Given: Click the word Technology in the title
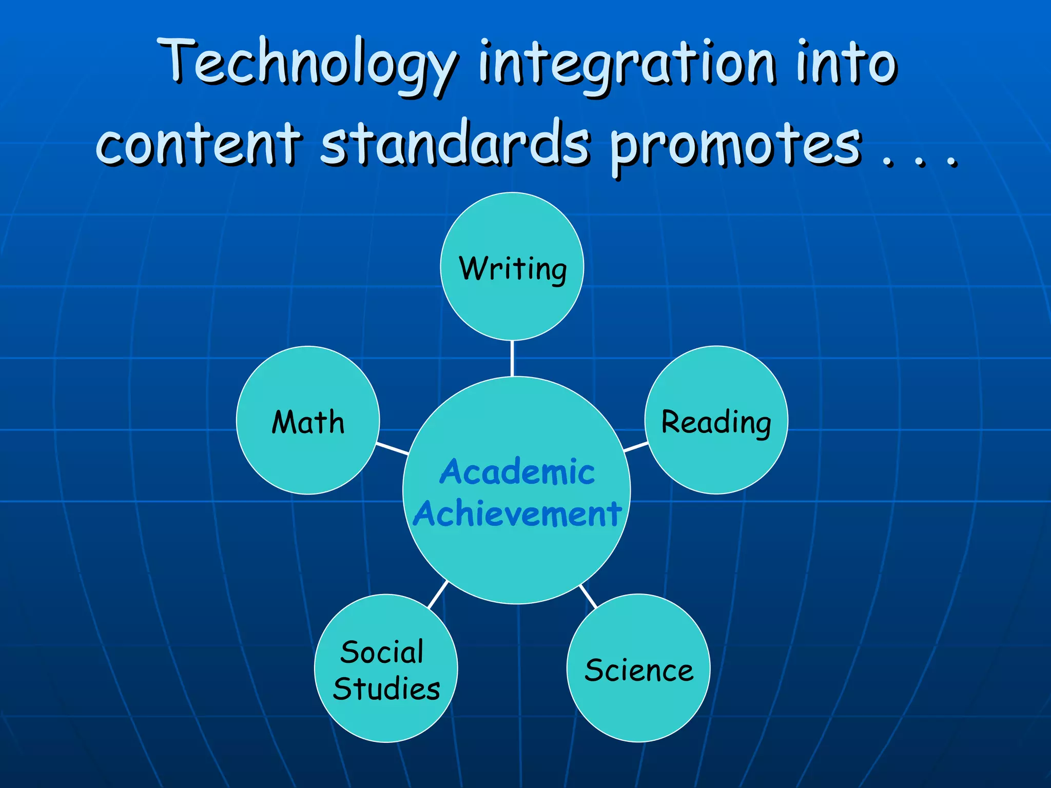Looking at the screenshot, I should [x=308, y=64].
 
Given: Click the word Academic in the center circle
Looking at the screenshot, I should [x=517, y=472].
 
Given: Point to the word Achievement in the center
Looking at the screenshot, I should [x=517, y=514].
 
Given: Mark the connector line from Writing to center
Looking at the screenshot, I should [x=512, y=358].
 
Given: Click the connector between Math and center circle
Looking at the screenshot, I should [x=393, y=448].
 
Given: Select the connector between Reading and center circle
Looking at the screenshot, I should [x=636, y=447].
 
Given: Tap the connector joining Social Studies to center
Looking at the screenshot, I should [x=438, y=595].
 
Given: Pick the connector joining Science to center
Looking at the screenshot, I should [x=588, y=596].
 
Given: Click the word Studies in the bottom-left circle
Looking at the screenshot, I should [x=386, y=689].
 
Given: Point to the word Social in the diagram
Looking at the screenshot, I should [x=382, y=653].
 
